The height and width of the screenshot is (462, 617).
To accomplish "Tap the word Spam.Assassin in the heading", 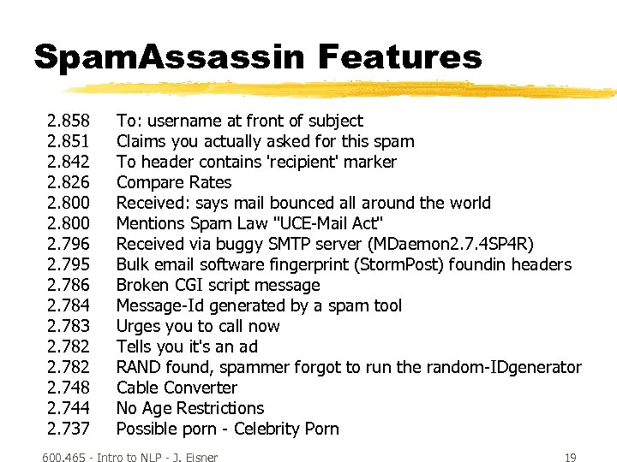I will pyautogui.click(x=169, y=57).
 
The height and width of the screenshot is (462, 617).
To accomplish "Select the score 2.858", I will pyautogui.click(x=69, y=121).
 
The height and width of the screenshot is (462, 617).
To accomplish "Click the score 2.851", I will pyautogui.click(x=69, y=141).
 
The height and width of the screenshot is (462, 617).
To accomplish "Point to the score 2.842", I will pyautogui.click(x=69, y=162).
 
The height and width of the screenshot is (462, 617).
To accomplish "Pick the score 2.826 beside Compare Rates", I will pyautogui.click(x=69, y=182).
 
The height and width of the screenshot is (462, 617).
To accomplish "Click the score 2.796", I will pyautogui.click(x=69, y=244).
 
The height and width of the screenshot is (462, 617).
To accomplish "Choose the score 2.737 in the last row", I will pyautogui.click(x=69, y=429).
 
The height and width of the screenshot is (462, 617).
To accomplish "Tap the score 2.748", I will pyautogui.click(x=69, y=388).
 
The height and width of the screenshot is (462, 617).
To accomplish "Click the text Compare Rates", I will pyautogui.click(x=174, y=182).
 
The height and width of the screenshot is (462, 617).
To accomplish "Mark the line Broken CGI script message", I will pyautogui.click(x=218, y=285).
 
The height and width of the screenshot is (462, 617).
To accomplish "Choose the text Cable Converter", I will pyautogui.click(x=177, y=388).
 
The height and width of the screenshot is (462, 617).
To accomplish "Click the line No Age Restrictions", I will pyautogui.click(x=190, y=408).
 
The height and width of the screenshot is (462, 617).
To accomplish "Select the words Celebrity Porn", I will pyautogui.click(x=286, y=429).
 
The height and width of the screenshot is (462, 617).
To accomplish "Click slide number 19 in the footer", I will pyautogui.click(x=570, y=458).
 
